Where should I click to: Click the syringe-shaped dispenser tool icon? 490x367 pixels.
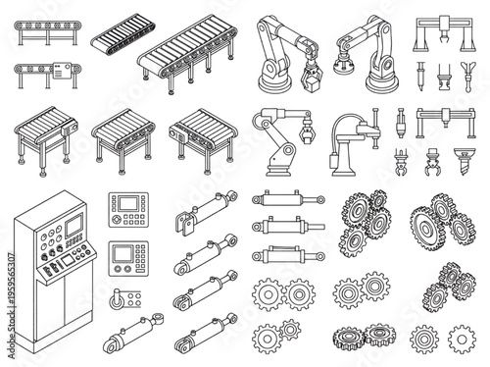pos(418,72)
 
